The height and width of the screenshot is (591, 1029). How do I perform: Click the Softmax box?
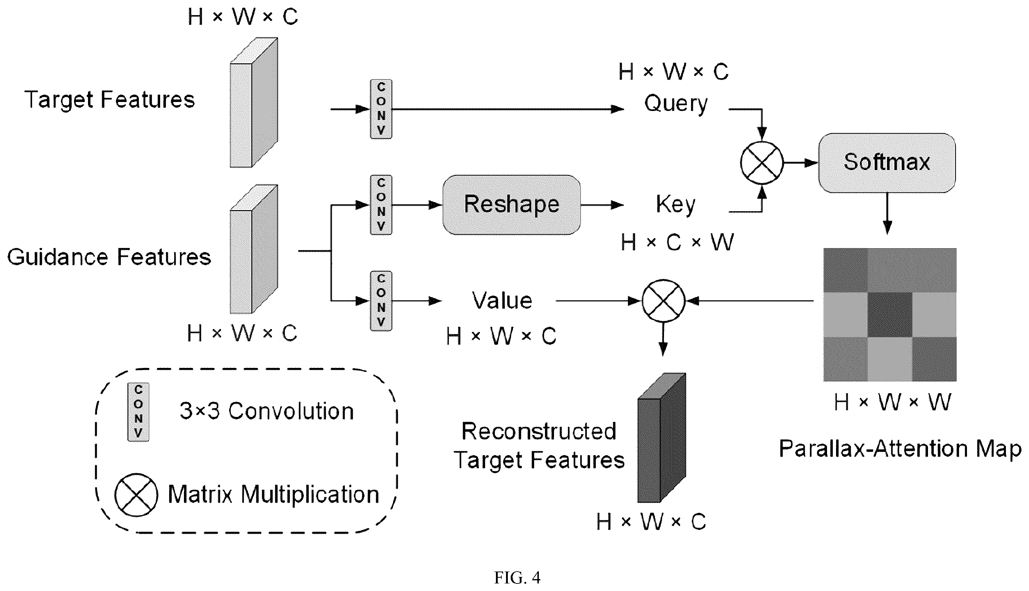tap(887, 163)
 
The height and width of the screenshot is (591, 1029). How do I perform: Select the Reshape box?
tap(511, 205)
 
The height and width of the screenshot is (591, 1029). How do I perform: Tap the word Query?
tap(676, 104)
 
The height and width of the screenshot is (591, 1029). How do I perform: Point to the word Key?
tap(676, 205)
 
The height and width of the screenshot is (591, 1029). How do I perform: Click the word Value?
tap(502, 301)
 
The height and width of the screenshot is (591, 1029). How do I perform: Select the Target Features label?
tap(110, 100)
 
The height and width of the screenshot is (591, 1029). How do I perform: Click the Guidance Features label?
tap(109, 257)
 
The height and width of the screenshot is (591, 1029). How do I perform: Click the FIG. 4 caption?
tap(517, 577)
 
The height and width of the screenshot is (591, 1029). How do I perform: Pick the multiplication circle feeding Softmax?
tap(762, 163)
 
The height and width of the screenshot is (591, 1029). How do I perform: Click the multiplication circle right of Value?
tap(663, 301)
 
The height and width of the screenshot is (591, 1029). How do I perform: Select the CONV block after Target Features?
tap(381, 109)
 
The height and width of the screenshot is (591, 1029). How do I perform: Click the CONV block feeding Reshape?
tap(381, 205)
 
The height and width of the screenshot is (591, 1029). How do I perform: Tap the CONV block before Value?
tap(381, 301)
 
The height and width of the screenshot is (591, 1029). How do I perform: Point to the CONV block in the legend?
tap(138, 412)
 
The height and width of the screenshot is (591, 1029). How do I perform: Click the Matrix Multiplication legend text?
tap(273, 495)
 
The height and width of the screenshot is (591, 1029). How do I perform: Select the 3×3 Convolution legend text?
tap(267, 411)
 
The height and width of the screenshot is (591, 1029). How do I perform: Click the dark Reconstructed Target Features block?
tap(661, 437)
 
